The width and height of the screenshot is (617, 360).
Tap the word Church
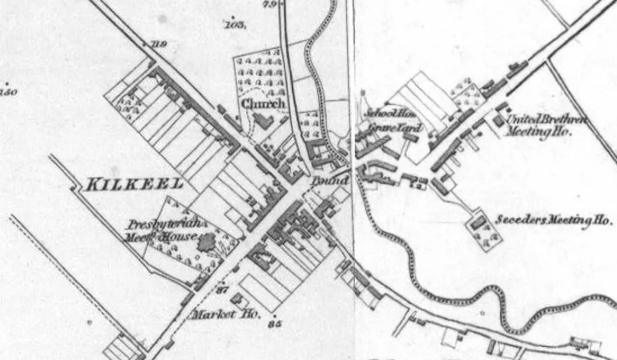(x=263, y=104)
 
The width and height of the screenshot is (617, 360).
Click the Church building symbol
(x=260, y=122)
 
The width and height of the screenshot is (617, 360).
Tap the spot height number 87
(x=221, y=289)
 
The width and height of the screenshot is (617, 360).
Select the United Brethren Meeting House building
(x=501, y=117)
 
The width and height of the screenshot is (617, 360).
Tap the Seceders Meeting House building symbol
(x=478, y=223)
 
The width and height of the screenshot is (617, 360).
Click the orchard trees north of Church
(x=261, y=70)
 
